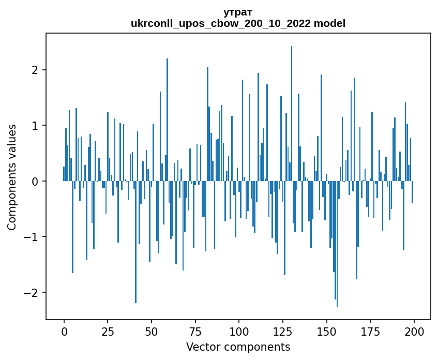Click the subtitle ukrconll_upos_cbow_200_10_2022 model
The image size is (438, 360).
(238, 23)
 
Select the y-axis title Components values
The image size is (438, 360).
(12, 177)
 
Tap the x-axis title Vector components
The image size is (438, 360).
(238, 347)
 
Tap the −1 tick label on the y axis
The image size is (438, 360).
(32, 237)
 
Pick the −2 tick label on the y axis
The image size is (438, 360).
(32, 293)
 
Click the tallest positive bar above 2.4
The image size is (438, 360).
(292, 114)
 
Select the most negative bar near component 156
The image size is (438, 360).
(337, 243)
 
